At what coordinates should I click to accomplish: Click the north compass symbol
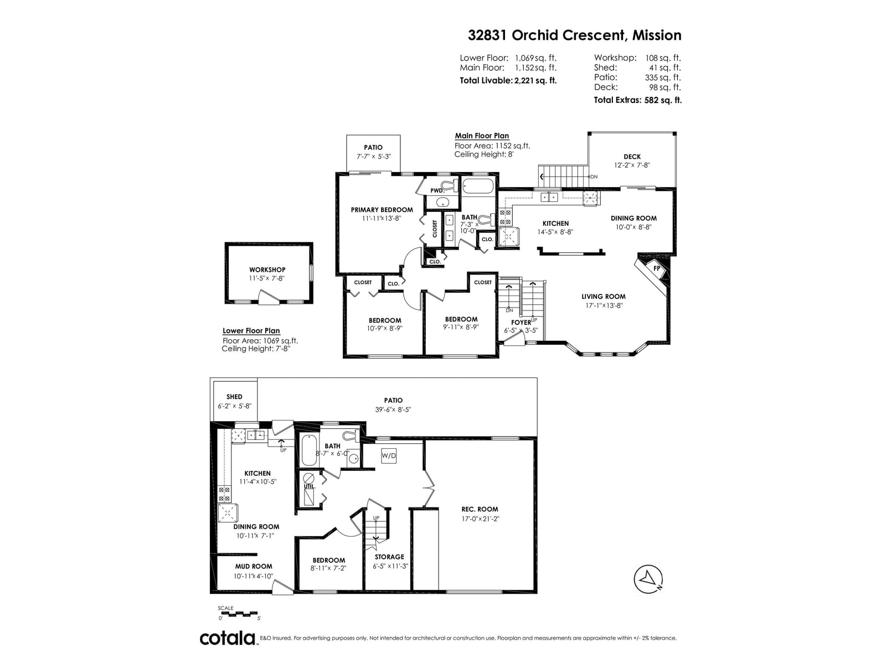[647, 579]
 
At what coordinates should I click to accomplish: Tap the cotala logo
[228, 638]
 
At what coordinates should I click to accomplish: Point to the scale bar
[239, 614]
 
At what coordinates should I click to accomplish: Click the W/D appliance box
[388, 455]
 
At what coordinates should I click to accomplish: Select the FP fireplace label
[657, 268]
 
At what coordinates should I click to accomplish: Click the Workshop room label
[267, 269]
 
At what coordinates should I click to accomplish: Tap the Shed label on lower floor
[234, 397]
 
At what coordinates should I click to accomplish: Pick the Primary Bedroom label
[382, 210]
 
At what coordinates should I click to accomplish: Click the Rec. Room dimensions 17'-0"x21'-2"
[480, 518]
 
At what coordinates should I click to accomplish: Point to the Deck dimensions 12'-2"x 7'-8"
[632, 165]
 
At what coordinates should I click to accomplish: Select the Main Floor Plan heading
[482, 136]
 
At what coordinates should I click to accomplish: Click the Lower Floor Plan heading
[251, 330]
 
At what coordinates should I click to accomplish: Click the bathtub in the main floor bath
[478, 186]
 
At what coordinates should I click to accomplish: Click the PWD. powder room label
[437, 190]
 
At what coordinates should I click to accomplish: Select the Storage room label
[389, 557]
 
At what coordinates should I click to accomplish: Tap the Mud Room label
[254, 567]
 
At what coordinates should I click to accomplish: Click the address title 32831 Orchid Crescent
[547, 35]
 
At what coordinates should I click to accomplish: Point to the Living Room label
[604, 297]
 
